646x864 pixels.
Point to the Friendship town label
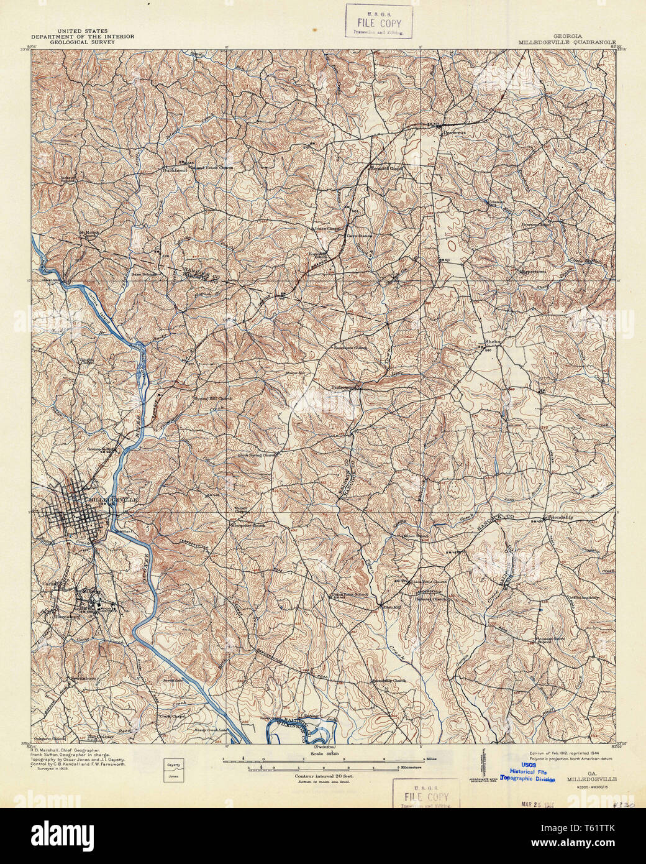(x=560, y=517)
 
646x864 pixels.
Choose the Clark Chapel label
(x=175, y=715)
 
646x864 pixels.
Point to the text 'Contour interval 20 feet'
(x=323, y=776)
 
